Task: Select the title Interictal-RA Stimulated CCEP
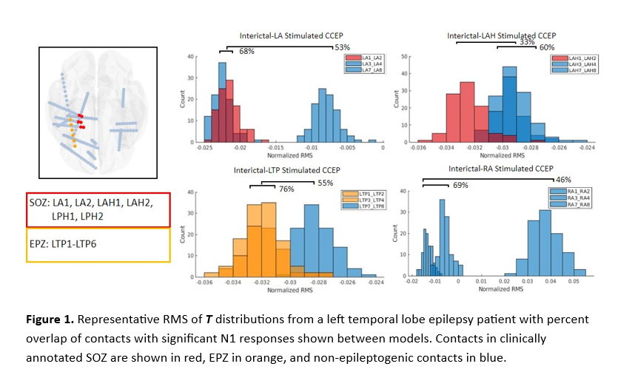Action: click(x=501, y=169)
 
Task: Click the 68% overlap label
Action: click(x=246, y=52)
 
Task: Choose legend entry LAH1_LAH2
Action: click(x=576, y=58)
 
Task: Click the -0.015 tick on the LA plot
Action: click(x=275, y=149)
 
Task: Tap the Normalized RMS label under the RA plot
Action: click(x=501, y=288)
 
